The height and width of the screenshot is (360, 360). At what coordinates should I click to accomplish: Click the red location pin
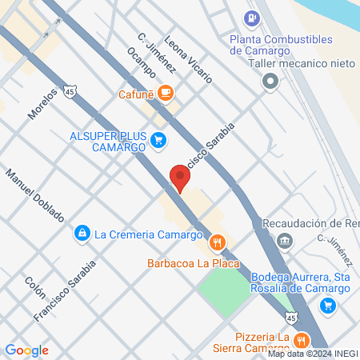pyautogui.click(x=178, y=177)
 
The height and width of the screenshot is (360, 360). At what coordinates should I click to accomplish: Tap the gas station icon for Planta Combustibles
pyautogui.click(x=253, y=16)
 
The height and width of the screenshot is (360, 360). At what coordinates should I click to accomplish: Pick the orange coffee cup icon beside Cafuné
pyautogui.click(x=166, y=94)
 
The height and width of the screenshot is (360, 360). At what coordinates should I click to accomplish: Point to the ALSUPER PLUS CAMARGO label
pyautogui.click(x=106, y=142)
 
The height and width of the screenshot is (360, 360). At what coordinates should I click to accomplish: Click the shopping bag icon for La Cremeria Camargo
pyautogui.click(x=81, y=233)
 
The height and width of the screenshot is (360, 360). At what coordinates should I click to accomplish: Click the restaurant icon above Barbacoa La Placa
pyautogui.click(x=216, y=242)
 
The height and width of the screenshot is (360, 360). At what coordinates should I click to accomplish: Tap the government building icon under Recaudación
pyautogui.click(x=284, y=240)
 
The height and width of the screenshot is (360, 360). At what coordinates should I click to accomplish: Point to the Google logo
pyautogui.click(x=26, y=350)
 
